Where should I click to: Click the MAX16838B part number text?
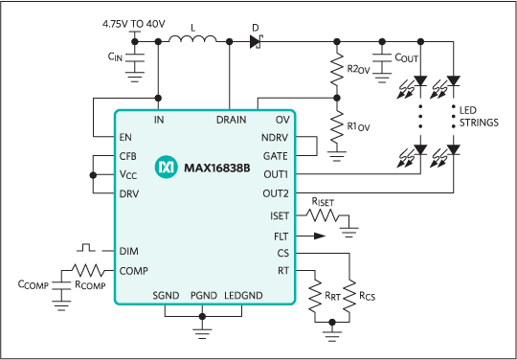(216, 167)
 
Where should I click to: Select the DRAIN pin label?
(232, 121)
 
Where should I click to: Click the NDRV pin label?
(275, 138)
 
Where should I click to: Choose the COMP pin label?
(133, 271)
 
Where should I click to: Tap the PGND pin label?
(204, 295)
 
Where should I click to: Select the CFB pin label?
(128, 156)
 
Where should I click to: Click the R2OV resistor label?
(359, 70)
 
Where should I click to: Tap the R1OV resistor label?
(359, 125)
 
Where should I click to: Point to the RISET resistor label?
(324, 203)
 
